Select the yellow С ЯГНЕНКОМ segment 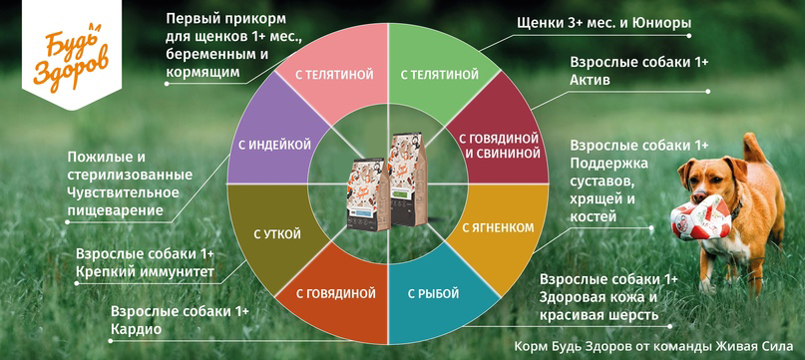click(497, 227)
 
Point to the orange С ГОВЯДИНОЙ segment click(336, 293)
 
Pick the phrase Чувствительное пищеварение click(123, 200)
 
